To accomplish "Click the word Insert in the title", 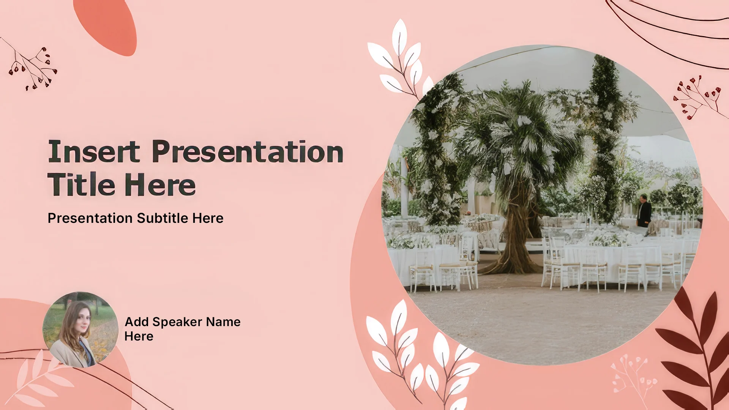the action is [94, 151].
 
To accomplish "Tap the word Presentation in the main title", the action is [248, 151].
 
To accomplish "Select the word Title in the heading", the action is [81, 184].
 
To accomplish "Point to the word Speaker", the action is [177, 322].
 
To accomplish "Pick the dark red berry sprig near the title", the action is [30, 65].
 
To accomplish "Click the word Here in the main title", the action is [160, 185].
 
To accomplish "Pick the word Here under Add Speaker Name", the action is [139, 336].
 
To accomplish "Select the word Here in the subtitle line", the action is [208, 218].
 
